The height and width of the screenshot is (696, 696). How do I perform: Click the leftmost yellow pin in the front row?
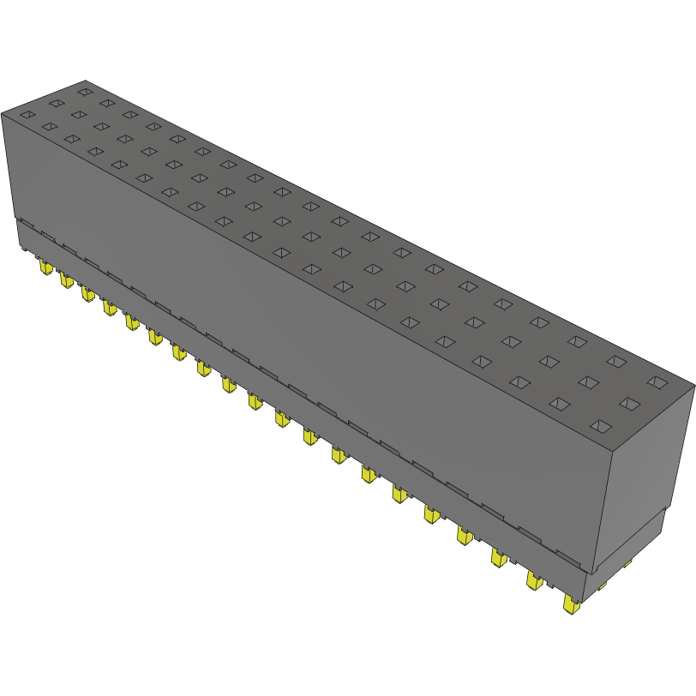(44, 268)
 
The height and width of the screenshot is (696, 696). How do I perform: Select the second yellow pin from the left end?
(66, 280)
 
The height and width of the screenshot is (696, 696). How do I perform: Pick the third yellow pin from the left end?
(87, 293)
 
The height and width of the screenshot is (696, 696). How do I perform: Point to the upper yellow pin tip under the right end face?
(627, 563)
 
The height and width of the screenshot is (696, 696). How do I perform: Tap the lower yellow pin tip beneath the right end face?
(602, 585)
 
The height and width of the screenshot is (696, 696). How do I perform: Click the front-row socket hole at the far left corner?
(27, 115)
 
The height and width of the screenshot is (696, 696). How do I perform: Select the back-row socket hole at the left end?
(84, 91)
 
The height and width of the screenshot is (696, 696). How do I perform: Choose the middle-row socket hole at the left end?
(56, 103)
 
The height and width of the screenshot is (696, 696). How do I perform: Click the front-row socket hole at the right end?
(601, 426)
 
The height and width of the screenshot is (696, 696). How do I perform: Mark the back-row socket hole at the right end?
(656, 381)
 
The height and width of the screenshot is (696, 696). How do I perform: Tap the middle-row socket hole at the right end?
(629, 403)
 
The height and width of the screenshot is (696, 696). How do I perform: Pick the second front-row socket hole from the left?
(50, 127)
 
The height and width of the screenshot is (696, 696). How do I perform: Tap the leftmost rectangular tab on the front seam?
(26, 224)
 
